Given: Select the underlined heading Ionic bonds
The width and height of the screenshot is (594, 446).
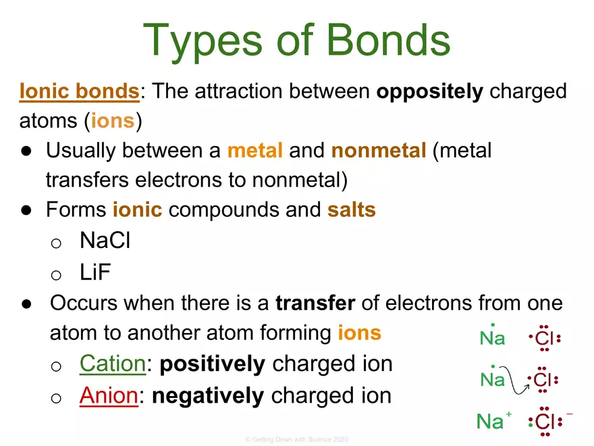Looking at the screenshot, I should [79, 92].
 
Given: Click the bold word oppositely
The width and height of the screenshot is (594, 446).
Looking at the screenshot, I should [429, 92].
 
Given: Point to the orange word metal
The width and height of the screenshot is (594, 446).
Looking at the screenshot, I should [254, 151].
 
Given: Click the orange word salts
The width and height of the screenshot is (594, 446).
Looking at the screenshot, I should [351, 210].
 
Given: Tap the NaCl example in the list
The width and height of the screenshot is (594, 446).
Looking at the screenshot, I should [105, 240].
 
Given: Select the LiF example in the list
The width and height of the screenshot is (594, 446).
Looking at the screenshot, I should [95, 272].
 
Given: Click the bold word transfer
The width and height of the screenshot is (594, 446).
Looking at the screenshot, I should [315, 302].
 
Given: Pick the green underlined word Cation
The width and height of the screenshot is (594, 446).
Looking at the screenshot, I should [112, 364].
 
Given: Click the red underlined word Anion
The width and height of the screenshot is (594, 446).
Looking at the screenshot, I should [109, 395].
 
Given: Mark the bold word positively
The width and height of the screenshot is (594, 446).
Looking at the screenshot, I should [213, 364].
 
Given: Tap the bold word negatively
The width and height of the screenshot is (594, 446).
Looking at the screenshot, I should [208, 395].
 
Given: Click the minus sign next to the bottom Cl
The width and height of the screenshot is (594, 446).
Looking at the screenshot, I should [570, 413].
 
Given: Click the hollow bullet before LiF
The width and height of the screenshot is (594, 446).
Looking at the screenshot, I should [57, 273].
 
